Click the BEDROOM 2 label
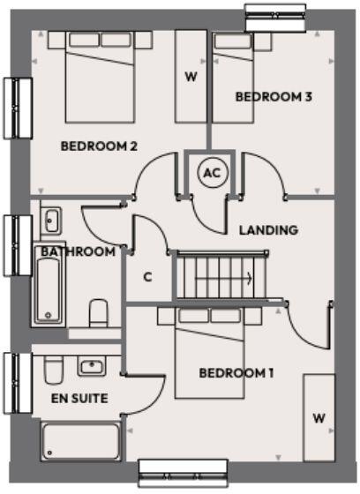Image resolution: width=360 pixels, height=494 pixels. point(98,146)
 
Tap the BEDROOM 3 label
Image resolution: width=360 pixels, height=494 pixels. point(274,97)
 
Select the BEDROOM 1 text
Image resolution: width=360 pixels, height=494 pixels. point(236,373)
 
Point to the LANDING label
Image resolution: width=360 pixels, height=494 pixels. point(268,230)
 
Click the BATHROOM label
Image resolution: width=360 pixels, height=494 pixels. point(78,251)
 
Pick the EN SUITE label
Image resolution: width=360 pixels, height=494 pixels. point(79,399)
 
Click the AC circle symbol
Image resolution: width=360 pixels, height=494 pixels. point(210,173)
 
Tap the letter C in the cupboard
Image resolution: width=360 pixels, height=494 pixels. point(147,276)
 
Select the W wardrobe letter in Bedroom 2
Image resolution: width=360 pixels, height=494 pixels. point(190,76)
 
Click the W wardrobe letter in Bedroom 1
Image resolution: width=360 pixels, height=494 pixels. point(318,416)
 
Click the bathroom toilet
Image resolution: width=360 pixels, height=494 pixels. point(99,312)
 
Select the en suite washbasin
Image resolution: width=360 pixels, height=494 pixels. point(92,365)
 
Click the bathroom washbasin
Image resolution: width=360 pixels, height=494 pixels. point(50,219)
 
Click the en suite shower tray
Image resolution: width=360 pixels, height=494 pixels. point(81,441)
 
